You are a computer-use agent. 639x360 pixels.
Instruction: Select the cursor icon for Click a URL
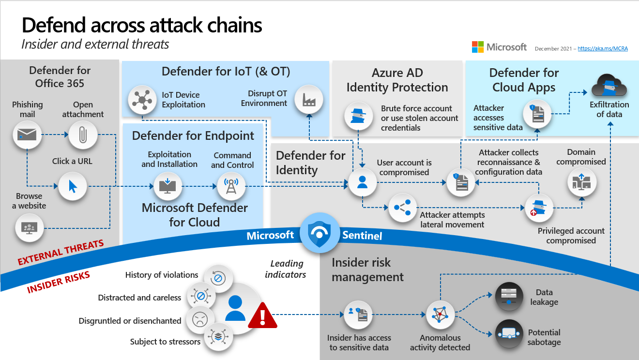click(x=73, y=186)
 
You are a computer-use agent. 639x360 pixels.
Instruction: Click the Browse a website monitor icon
click(x=30, y=227)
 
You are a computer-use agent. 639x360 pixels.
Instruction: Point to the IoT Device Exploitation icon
click(x=142, y=100)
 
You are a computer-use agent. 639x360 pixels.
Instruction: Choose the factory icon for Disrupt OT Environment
click(x=308, y=99)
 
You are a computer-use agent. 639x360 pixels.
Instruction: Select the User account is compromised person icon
click(x=362, y=182)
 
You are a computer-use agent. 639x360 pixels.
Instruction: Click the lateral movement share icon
click(x=402, y=208)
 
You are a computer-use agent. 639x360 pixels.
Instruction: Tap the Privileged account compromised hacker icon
click(x=539, y=208)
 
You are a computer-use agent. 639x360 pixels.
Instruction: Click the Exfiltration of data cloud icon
click(x=609, y=86)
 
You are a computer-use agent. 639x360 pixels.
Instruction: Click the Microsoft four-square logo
click(x=478, y=47)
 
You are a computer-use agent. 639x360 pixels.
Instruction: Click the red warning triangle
click(x=262, y=315)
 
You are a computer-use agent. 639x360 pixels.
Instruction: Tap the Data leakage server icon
click(x=509, y=296)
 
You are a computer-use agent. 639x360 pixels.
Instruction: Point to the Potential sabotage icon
click(x=509, y=334)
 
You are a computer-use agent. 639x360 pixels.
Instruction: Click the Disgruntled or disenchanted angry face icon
click(x=199, y=319)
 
